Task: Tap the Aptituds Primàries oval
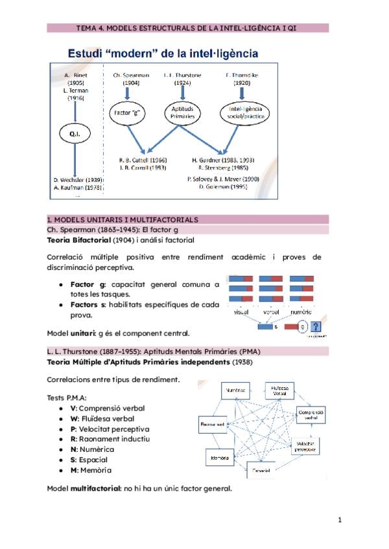coord(182,112)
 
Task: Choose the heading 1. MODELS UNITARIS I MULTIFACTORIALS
coord(123,220)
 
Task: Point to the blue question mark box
coord(316,327)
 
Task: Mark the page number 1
coord(340,520)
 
